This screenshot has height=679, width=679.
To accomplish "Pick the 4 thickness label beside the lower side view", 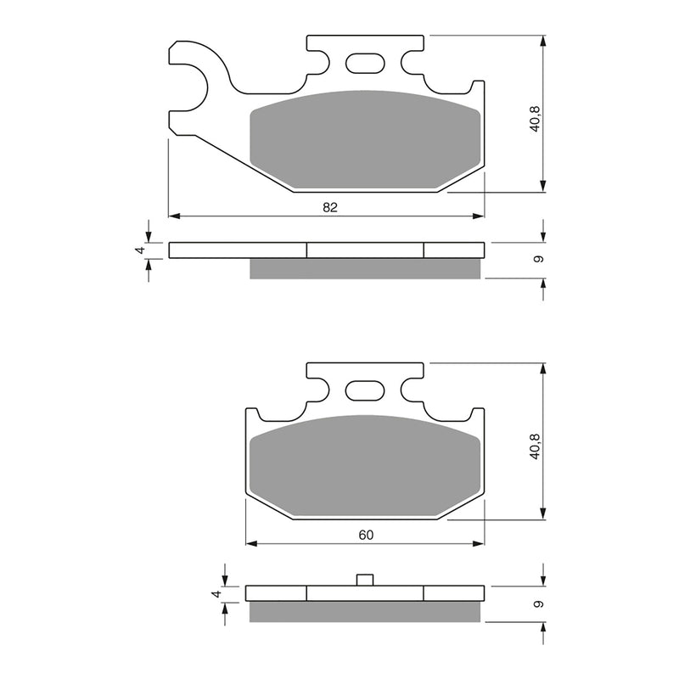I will click(x=217, y=594).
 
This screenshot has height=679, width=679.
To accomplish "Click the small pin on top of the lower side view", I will click(x=365, y=580).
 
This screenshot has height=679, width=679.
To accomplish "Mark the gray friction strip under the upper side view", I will click(x=365, y=268).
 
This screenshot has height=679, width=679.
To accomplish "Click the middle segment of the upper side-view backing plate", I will click(x=365, y=250).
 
